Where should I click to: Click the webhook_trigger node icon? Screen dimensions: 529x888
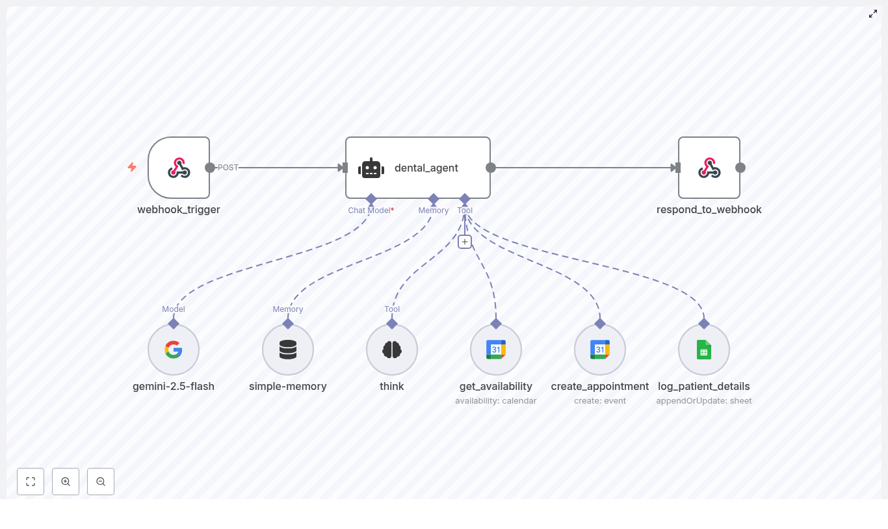(179, 168)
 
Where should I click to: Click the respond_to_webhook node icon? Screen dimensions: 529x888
(709, 168)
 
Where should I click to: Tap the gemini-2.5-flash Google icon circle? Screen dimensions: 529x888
(174, 350)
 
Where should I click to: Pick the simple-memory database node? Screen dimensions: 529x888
(288, 350)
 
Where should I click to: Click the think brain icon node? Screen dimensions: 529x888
(392, 350)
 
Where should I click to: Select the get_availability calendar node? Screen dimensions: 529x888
(496, 350)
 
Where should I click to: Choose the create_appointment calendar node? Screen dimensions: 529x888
(600, 350)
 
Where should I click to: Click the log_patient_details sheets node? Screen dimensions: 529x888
(704, 350)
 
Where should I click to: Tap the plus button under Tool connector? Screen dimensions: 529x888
(464, 242)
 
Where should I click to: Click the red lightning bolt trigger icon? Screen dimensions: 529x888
(132, 167)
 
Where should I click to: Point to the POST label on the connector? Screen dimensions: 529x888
(228, 168)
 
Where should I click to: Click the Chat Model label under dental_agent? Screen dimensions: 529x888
(369, 211)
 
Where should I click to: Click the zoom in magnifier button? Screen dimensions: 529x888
(66, 482)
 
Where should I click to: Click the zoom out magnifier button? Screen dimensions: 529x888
(101, 482)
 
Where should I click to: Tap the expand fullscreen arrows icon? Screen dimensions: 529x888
(873, 14)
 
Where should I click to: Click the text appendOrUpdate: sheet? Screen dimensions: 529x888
(704, 401)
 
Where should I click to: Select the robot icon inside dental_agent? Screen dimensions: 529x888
(371, 168)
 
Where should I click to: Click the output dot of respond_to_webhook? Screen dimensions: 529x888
(740, 168)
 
